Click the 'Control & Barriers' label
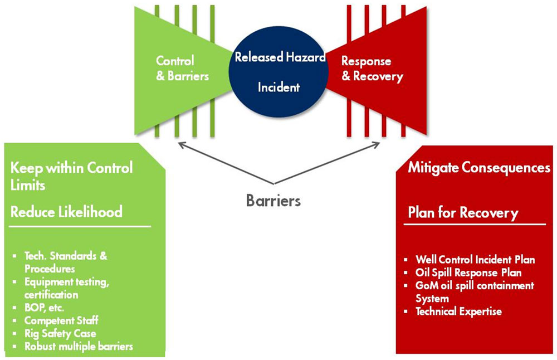(x=182, y=68)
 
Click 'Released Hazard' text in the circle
(x=280, y=57)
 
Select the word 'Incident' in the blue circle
(x=278, y=87)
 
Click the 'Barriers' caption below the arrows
(x=273, y=200)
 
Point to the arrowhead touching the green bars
(x=179, y=144)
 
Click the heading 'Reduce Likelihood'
(x=66, y=212)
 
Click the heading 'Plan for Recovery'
(x=463, y=213)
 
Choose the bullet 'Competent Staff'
(x=61, y=320)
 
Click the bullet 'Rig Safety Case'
(x=60, y=333)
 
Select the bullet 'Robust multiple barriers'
(x=79, y=346)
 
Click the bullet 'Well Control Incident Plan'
(x=475, y=260)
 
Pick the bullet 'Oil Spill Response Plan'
(x=468, y=273)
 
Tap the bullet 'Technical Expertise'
(x=458, y=312)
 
